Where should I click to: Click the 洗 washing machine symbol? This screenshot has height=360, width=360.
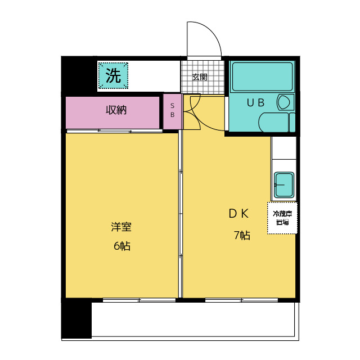click(x=114, y=76)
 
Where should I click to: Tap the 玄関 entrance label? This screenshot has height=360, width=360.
click(x=199, y=76)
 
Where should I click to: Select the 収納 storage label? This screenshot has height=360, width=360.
click(x=116, y=110)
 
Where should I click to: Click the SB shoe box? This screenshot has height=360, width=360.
click(x=172, y=109)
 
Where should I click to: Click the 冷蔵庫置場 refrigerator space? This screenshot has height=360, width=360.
click(x=282, y=218)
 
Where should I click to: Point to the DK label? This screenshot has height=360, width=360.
click(x=238, y=214)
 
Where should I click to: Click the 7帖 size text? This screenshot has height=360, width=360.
click(x=242, y=236)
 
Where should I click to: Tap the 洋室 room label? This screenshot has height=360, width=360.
click(x=121, y=227)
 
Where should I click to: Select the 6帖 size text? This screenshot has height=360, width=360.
click(x=121, y=246)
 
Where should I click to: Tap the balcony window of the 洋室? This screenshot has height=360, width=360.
click(x=130, y=300)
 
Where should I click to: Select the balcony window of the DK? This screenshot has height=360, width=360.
click(x=240, y=300)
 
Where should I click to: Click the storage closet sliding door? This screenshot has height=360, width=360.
click(x=115, y=131)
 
